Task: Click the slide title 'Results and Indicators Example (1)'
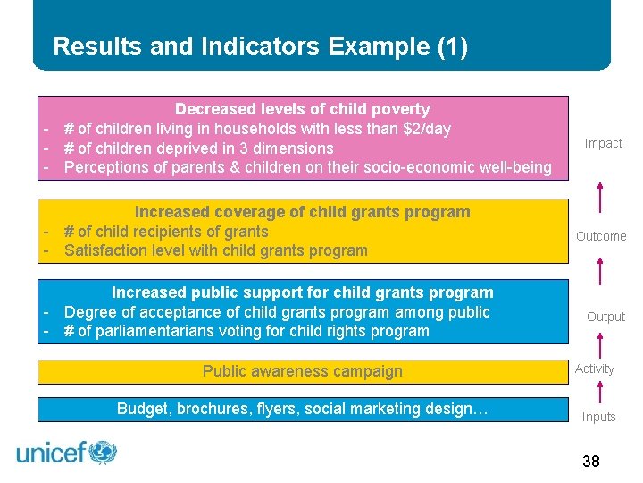click(x=260, y=47)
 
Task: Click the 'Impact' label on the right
click(x=604, y=143)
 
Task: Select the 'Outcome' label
click(x=601, y=236)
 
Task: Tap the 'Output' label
click(x=605, y=317)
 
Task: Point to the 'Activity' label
click(x=595, y=369)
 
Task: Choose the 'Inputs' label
click(x=599, y=417)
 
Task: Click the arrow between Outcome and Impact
click(x=600, y=198)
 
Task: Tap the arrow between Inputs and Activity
click(x=600, y=392)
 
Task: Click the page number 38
click(x=590, y=462)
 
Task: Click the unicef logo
click(x=67, y=453)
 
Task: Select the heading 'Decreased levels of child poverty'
click(x=302, y=109)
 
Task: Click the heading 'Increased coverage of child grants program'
click(x=302, y=212)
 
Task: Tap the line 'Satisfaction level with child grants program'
click(x=216, y=250)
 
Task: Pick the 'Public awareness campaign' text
click(x=302, y=371)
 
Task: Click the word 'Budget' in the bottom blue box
click(x=142, y=409)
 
